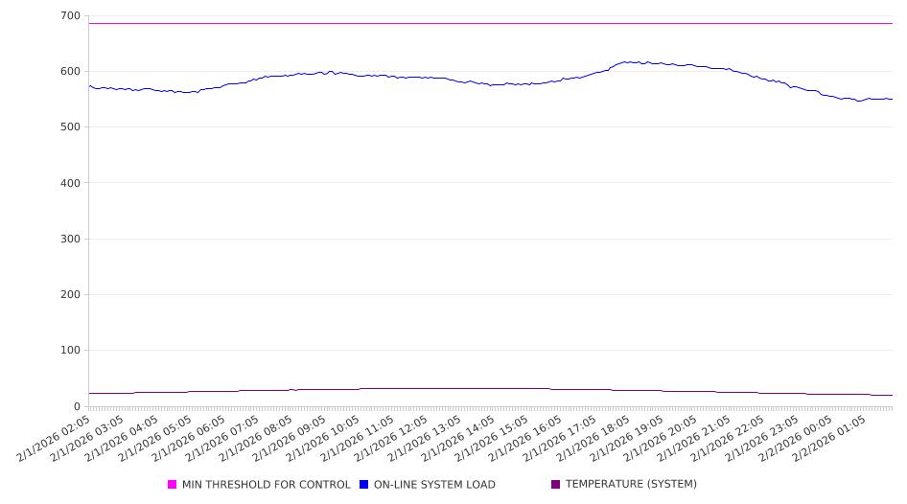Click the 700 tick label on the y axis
tap(69, 16)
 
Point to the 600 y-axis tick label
tap(69, 72)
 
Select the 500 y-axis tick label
tap(69, 127)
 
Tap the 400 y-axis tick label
tap(69, 183)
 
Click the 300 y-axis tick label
tap(69, 239)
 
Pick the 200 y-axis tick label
tap(69, 295)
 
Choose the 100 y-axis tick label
tap(69, 351)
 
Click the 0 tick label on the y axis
tap(76, 406)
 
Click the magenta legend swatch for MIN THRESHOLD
tap(173, 485)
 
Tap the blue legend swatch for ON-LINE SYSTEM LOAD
tap(364, 485)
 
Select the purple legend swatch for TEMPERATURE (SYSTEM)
tap(556, 485)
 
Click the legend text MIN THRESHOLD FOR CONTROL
tap(266, 485)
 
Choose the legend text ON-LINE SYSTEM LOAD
tap(434, 485)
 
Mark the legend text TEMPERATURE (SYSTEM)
tap(631, 485)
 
